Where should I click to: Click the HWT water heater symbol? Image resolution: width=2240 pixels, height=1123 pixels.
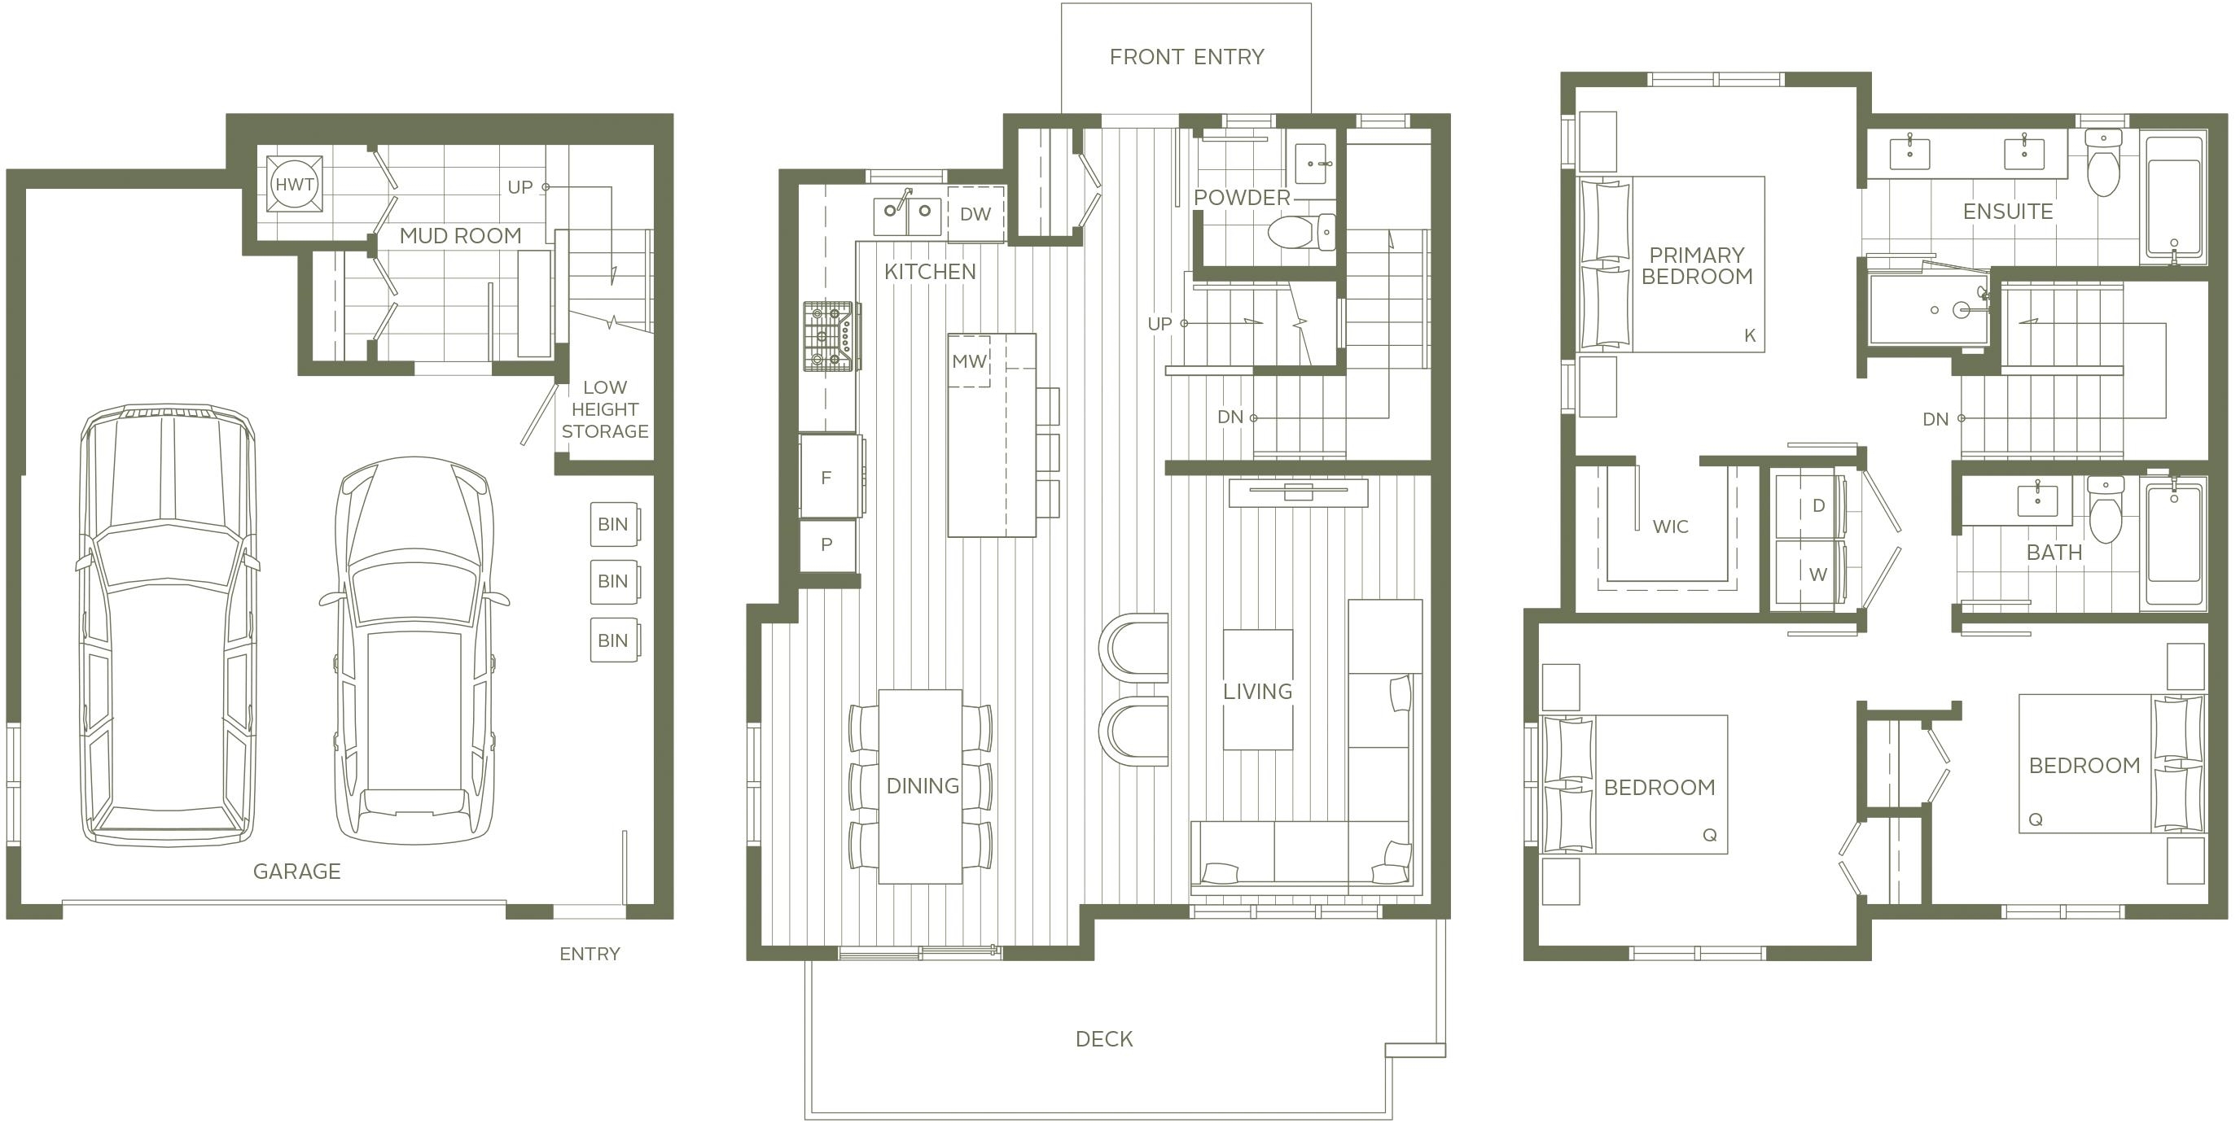(295, 183)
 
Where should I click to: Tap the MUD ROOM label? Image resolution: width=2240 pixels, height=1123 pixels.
(460, 235)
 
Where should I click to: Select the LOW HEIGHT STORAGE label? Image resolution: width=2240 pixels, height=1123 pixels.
(604, 409)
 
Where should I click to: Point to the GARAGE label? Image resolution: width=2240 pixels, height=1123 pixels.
(296, 871)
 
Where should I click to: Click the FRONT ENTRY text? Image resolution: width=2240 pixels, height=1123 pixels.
(1186, 56)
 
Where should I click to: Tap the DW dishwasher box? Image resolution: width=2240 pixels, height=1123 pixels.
(975, 214)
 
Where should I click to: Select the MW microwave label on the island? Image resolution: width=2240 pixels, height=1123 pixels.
(969, 361)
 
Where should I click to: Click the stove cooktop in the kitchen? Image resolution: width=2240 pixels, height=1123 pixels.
(831, 336)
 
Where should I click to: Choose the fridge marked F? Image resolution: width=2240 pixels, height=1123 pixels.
(831, 476)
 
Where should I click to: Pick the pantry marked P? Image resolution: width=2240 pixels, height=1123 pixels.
(829, 545)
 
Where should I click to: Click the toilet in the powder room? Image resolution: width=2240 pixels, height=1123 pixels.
(1301, 232)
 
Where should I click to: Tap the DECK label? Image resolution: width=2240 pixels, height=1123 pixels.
(1103, 1038)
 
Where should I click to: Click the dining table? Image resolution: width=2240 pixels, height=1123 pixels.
(920, 787)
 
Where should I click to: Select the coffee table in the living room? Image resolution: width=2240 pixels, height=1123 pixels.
(1257, 689)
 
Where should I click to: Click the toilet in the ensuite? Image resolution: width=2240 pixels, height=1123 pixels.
(2103, 163)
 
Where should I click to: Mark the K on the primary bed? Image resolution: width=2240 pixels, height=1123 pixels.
(1750, 335)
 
